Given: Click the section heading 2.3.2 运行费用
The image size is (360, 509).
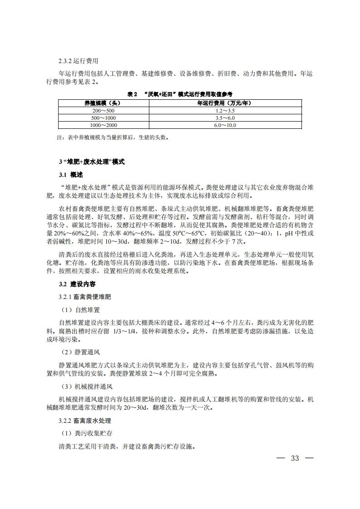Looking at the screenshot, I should (x=79, y=60).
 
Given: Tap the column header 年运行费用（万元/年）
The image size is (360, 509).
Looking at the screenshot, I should (x=225, y=103).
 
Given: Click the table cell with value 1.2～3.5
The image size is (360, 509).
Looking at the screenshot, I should (x=225, y=110).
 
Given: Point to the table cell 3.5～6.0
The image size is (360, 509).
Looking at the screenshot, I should (x=225, y=117).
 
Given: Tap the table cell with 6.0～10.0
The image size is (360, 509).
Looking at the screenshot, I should (x=225, y=125).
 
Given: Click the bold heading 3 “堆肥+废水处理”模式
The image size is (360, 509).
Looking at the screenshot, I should (x=92, y=162).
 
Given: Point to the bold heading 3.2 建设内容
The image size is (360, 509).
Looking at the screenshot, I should (x=77, y=284).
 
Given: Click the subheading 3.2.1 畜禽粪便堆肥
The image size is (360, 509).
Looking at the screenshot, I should (x=85, y=297).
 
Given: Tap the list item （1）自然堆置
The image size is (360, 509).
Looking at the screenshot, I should (x=80, y=310).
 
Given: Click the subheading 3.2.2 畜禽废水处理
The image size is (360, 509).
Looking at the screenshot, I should (x=85, y=421).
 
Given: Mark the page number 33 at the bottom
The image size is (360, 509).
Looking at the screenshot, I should (x=295, y=458).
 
